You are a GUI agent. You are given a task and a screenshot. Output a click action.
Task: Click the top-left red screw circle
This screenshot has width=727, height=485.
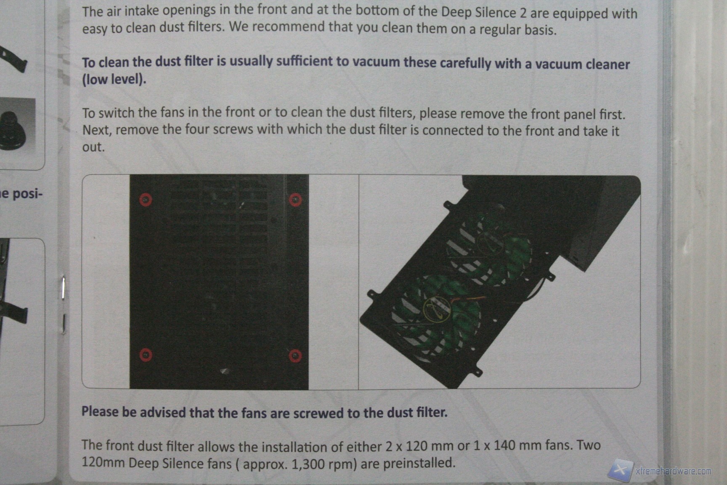click(x=146, y=200)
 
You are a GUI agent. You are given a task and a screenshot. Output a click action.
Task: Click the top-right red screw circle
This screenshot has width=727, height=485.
click(x=295, y=200)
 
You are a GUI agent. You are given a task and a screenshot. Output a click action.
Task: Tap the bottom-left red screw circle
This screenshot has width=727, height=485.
click(x=146, y=355)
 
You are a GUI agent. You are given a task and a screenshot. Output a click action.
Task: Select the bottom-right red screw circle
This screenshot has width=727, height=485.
click(x=295, y=356)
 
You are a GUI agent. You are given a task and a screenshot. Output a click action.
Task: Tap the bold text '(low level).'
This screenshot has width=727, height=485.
click(x=114, y=79)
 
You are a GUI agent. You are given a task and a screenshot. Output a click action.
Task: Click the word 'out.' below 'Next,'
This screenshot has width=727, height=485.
click(x=93, y=147)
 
